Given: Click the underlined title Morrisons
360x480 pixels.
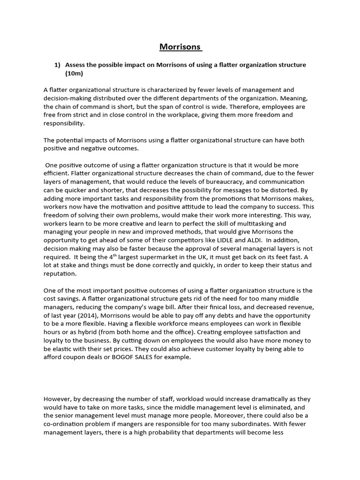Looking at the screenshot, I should coord(180,47).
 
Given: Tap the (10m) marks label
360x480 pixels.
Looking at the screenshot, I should coord(74,74).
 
